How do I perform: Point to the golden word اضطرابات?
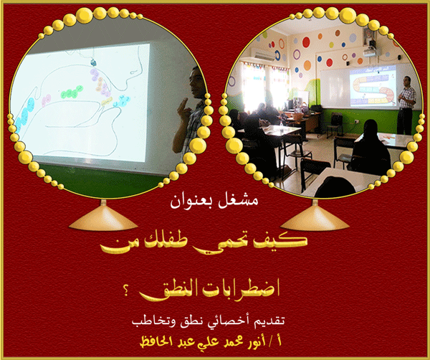coord(241,290)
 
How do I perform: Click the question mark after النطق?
coord(126,291)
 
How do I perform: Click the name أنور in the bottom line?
coord(257,341)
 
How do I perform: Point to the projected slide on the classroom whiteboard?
coord(373,87)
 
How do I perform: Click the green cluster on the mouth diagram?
coord(72,93)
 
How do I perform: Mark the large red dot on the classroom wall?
coord(306,42)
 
